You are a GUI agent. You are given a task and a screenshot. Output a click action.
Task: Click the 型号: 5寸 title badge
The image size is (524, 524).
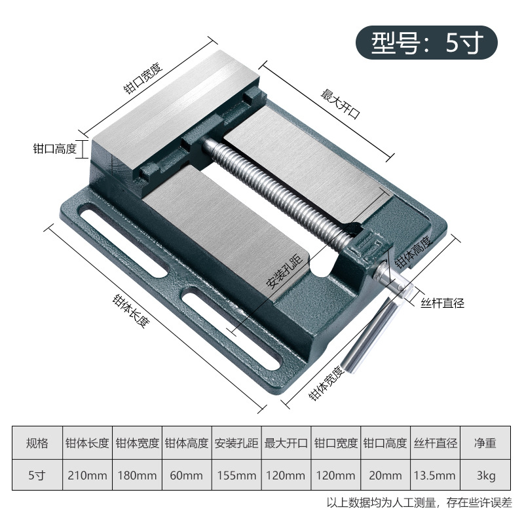pos(426,43)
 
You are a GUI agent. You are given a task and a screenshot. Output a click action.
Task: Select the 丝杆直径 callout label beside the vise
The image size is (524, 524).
pos(442,303)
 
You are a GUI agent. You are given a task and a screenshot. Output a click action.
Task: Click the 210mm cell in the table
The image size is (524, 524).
pos(88,475)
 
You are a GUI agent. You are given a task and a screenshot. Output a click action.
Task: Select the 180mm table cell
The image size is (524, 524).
pos(138,475)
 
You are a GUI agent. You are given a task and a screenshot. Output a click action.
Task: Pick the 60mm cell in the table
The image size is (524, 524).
pos(187,475)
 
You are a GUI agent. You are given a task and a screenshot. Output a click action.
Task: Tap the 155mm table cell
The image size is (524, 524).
pos(236,475)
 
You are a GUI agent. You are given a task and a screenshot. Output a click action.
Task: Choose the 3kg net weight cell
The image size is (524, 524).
pos(485,475)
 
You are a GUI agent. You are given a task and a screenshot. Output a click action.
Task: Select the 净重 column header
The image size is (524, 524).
pos(485,443)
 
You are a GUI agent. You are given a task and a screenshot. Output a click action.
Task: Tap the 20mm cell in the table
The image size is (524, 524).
pos(385,475)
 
